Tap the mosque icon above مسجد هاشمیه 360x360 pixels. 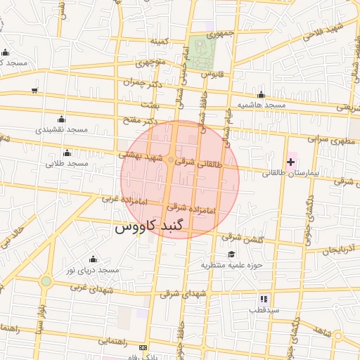261,95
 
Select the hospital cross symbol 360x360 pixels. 290,162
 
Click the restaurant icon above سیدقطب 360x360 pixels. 264,299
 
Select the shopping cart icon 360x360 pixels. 34,90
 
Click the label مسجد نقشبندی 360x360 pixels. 62,129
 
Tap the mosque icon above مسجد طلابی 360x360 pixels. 67,153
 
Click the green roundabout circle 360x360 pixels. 46,281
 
